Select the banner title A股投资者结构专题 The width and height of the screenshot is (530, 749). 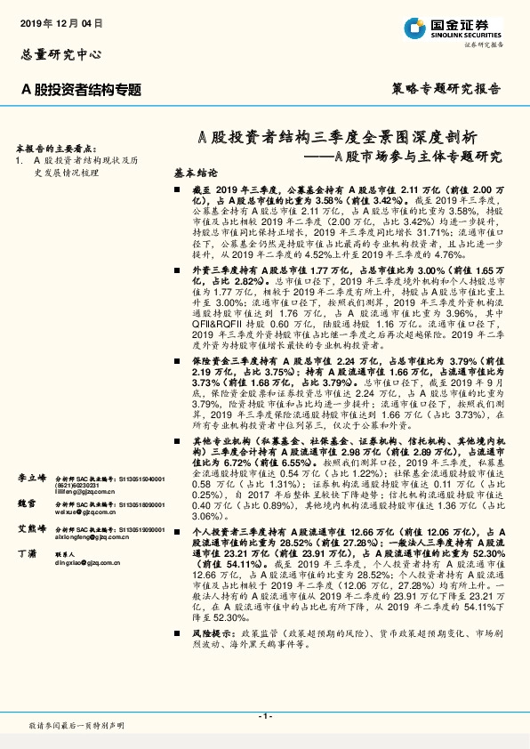click(82, 88)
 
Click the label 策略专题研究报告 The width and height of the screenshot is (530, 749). click(446, 88)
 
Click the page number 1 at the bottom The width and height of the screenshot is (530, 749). click(264, 716)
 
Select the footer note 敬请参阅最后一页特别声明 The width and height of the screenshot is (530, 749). click(76, 726)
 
